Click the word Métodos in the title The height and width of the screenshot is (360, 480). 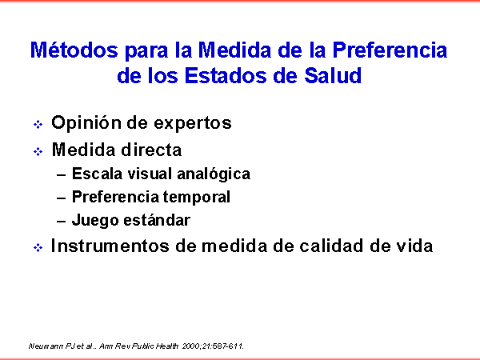(74, 50)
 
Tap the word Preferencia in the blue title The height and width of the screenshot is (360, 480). (390, 50)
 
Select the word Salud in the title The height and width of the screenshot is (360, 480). (333, 75)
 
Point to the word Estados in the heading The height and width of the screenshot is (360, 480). (226, 75)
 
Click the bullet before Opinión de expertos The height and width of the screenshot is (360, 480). (38, 124)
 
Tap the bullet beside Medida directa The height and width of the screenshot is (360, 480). (38, 151)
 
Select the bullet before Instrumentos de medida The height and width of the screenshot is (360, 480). (38, 247)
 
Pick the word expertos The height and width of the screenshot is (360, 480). (193, 124)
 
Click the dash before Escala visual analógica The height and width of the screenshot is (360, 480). (62, 175)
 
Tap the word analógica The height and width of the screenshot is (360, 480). (214, 174)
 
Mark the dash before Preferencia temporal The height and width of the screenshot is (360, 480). (62, 198)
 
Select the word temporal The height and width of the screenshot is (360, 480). (196, 197)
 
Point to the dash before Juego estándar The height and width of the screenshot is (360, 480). (62, 221)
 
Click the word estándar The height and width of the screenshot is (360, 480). (157, 220)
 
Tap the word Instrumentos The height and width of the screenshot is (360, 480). (110, 246)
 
